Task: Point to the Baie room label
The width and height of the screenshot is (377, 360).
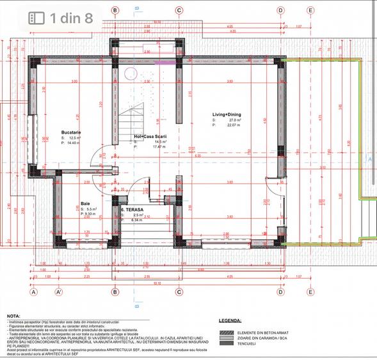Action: [x=85, y=203]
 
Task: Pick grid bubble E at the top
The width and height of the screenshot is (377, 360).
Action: [x=310, y=10]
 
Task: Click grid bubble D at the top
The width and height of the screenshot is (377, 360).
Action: [x=280, y=10]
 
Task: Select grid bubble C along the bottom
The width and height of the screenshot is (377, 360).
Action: [x=179, y=292]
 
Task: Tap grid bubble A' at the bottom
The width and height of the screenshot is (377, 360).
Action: [x=58, y=292]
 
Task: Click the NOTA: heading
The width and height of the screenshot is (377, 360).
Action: [x=13, y=316]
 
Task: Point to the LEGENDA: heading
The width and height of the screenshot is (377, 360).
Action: [x=230, y=320]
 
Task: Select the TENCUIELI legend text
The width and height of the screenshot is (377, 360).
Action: [x=250, y=343]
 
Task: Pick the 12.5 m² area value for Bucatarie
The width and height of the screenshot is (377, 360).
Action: [x=75, y=137]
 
